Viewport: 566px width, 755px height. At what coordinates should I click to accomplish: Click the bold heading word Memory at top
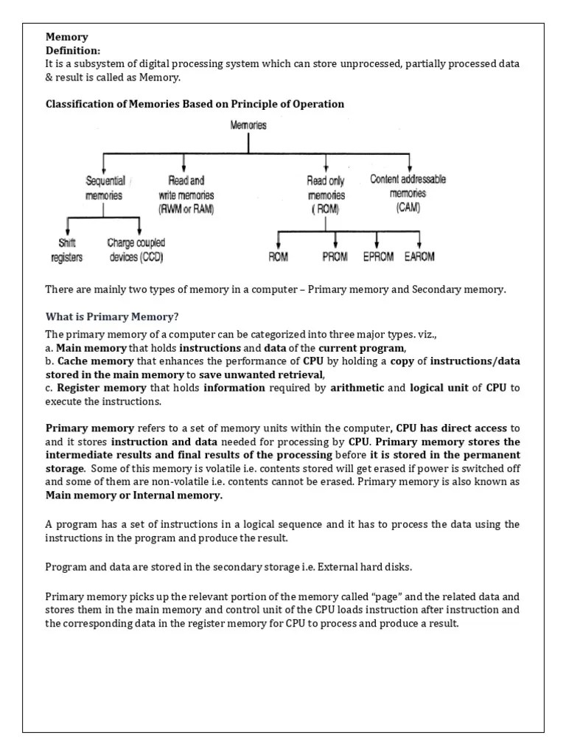(x=67, y=37)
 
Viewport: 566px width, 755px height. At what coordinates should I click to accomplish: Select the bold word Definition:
(x=73, y=50)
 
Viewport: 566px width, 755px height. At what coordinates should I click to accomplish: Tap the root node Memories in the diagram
(x=248, y=126)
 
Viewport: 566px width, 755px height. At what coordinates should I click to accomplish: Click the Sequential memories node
(x=105, y=189)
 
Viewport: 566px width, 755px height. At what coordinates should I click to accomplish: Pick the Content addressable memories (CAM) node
(x=408, y=193)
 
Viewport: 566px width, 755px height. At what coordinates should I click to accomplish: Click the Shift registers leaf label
(x=67, y=249)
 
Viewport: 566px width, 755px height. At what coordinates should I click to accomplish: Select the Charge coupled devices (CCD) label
(x=136, y=249)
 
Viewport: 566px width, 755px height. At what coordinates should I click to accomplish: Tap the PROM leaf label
(x=335, y=257)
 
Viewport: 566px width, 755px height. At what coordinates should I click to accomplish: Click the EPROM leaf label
(x=378, y=257)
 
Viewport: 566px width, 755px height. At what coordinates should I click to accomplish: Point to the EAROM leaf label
(x=419, y=257)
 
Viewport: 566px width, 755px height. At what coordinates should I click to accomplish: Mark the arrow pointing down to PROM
(x=335, y=240)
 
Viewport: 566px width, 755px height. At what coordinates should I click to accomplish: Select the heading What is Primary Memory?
(x=112, y=317)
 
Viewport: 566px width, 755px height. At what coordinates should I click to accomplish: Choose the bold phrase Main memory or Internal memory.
(x=133, y=495)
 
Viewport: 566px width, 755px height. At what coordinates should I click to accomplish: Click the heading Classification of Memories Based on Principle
(x=195, y=104)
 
